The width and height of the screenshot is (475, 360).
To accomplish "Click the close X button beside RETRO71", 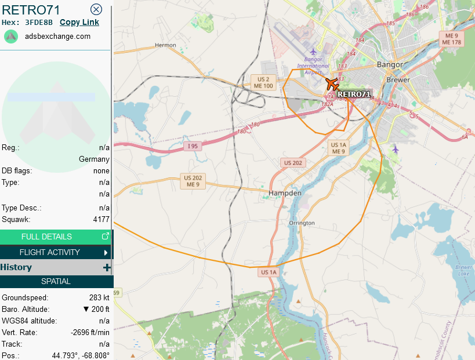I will coord(96,9).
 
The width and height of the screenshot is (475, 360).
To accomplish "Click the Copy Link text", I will coord(79,22).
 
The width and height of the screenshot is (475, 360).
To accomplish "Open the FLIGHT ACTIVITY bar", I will coord(56,252).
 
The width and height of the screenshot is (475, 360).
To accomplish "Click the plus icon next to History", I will coord(106,267).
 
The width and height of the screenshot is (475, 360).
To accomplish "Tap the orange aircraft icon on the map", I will coord(332,84).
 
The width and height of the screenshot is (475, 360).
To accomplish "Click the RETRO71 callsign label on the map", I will coord(353,94).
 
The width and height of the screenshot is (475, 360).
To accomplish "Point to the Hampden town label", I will coord(285,192).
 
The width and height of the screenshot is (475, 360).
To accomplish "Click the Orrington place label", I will coord(302,223).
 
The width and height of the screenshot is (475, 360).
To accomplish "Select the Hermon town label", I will coord(165,45).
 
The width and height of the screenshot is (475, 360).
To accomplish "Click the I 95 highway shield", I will coord(193,147).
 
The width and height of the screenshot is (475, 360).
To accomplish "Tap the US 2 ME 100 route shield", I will coord(264,82).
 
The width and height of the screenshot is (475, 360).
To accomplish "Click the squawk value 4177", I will coord(101,220).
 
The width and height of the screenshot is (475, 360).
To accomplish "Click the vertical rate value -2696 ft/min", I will coord(90,332).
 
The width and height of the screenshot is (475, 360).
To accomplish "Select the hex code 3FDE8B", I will coord(39,23).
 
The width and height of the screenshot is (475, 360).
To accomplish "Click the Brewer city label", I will coord(397,79).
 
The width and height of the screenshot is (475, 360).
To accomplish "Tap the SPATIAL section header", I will coord(56,281).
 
